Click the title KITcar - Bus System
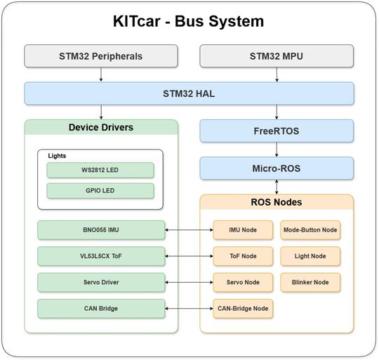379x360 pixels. (189, 21)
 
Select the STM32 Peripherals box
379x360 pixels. (101, 56)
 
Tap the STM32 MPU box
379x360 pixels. (277, 56)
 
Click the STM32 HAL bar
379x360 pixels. (189, 93)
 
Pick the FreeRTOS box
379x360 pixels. (277, 131)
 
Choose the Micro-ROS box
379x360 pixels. (277, 168)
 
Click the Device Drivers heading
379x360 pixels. (101, 128)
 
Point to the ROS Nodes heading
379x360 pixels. (277, 203)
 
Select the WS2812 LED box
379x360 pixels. (100, 171)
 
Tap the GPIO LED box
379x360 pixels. (100, 191)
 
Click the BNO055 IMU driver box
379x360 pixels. (101, 229)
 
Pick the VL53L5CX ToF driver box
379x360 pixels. (101, 256)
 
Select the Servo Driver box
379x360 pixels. (101, 282)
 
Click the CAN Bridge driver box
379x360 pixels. (101, 308)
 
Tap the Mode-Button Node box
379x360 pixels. (310, 229)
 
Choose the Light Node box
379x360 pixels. (310, 256)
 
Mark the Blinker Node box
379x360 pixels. (310, 282)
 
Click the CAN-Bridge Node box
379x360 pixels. (243, 308)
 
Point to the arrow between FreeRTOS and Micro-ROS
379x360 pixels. (277, 149)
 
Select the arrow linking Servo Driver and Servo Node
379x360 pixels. (189, 282)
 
